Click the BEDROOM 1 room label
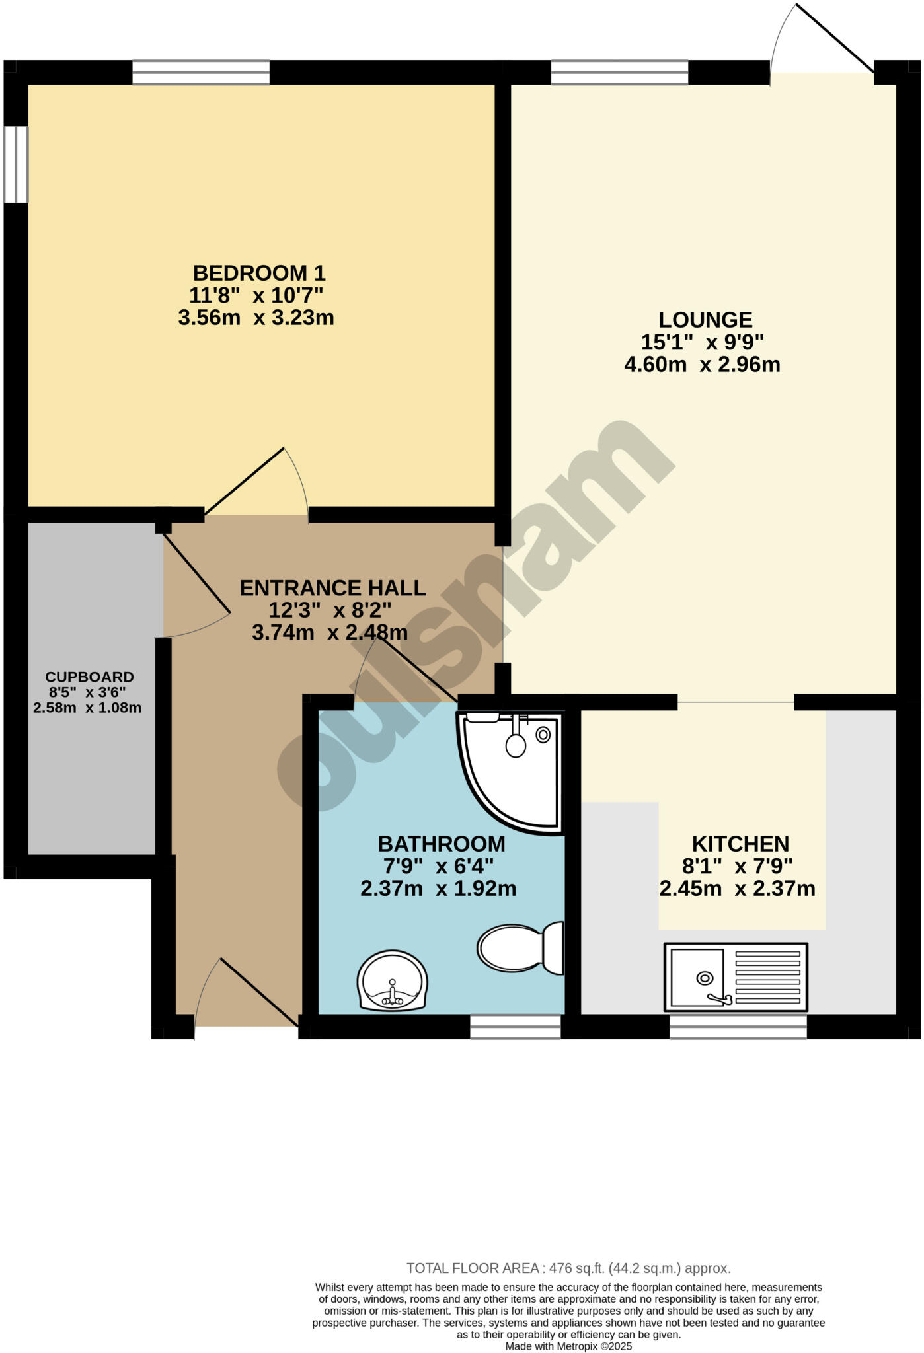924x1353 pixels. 258,273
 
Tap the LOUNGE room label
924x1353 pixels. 705,320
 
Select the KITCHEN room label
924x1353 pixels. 740,844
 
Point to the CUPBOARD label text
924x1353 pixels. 89,677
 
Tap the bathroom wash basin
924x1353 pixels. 393,980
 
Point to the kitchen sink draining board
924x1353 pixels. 767,977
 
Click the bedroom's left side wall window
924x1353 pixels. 16,164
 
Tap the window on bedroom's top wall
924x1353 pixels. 201,73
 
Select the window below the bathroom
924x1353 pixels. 516,1027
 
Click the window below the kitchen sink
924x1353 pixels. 738,1027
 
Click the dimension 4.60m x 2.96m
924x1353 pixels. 702,365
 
